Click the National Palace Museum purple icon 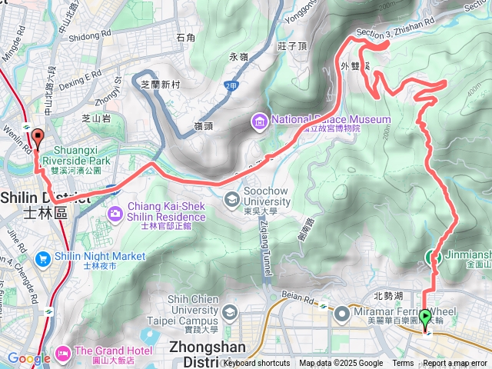pos(259,121)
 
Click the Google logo pos(28,358)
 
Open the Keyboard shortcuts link pos(256,364)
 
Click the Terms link pos(403,364)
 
